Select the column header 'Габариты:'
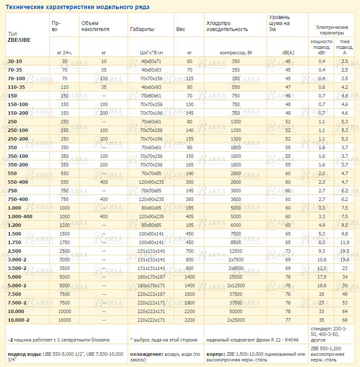[142, 29]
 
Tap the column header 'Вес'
[181, 29]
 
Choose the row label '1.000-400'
[20, 216]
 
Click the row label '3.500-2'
[17, 268]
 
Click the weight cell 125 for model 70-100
[190, 78]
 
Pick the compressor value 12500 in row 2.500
[235, 251]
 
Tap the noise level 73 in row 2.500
[288, 251]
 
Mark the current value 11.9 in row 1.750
[344, 242]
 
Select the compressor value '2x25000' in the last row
[235, 320]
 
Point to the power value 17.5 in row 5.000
[322, 276]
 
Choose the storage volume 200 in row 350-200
[103, 164]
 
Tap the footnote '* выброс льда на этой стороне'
[163, 340]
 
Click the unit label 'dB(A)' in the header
[288, 53]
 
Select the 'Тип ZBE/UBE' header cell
[19, 37]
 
